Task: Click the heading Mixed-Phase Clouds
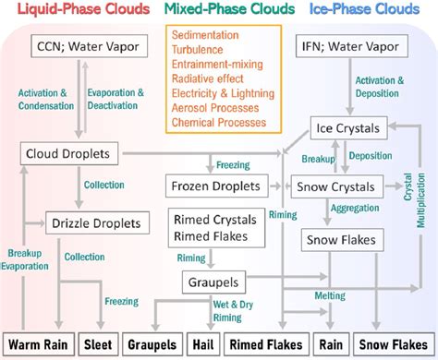click(219, 11)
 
